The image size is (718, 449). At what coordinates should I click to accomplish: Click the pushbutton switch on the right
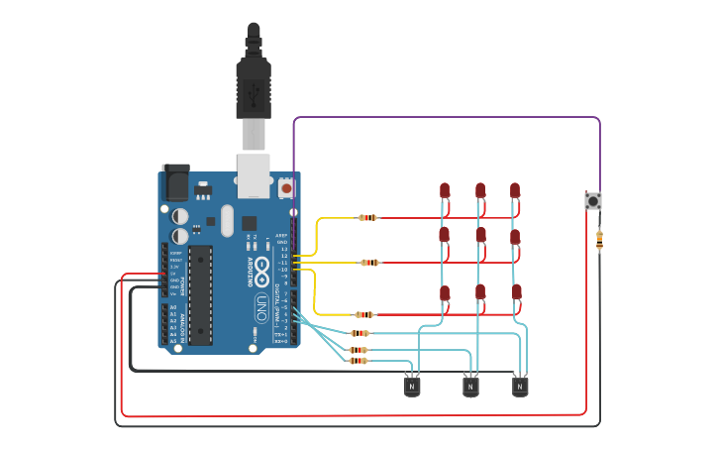pos(593,201)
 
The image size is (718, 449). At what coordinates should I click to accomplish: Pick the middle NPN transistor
pos(471,387)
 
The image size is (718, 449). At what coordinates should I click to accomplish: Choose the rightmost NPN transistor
pos(520,387)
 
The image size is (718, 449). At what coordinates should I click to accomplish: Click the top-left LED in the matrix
pos(445,189)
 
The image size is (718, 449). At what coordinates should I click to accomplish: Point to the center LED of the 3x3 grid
pos(480,236)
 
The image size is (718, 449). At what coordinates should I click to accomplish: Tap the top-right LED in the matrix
pos(515,189)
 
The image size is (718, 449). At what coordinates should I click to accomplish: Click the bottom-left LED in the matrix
pos(445,293)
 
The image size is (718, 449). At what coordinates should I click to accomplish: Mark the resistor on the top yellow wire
pos(368,218)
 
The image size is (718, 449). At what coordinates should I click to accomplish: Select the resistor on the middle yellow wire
pos(369,263)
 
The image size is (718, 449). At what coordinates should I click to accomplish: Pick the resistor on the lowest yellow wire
pos(363,314)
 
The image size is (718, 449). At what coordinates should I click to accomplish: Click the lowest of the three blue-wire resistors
pos(358,361)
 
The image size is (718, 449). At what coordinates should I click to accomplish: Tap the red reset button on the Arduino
pos(286,186)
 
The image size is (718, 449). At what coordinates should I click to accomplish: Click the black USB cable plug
pos(253,84)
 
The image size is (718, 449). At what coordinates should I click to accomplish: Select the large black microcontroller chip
pos(201,294)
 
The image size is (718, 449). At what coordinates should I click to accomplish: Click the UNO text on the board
pos(260,302)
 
